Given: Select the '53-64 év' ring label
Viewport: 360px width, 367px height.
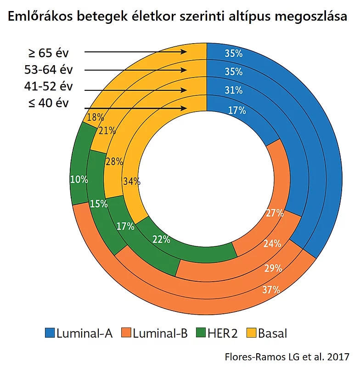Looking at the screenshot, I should [48, 70].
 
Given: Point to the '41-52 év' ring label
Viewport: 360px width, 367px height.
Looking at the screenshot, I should [48, 86].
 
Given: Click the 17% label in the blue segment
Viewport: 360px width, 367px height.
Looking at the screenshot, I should [237, 111].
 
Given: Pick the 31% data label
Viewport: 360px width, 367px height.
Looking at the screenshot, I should [234, 90].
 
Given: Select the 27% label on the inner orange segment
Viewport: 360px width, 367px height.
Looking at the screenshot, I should [275, 213].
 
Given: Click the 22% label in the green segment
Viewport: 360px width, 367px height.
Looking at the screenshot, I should [161, 239].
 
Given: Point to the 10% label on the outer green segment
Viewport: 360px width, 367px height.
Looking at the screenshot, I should [79, 179].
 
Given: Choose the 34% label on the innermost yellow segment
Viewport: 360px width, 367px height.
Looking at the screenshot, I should [131, 181].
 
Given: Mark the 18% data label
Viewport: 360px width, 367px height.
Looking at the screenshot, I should [95, 117].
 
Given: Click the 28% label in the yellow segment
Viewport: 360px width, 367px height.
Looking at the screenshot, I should [114, 161].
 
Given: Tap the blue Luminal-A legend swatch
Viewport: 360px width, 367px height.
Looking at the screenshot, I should [50, 333].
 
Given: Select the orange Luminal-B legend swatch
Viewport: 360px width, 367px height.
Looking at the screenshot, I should [126, 333].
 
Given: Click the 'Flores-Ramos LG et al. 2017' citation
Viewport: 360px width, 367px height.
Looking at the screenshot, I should [287, 356].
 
